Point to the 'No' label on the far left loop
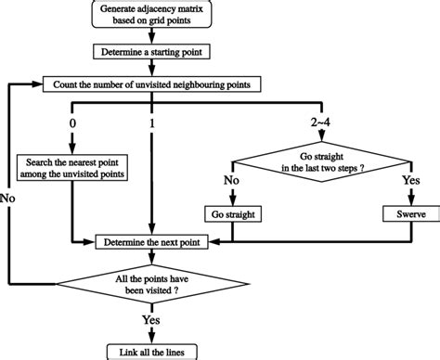click(9, 197)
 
